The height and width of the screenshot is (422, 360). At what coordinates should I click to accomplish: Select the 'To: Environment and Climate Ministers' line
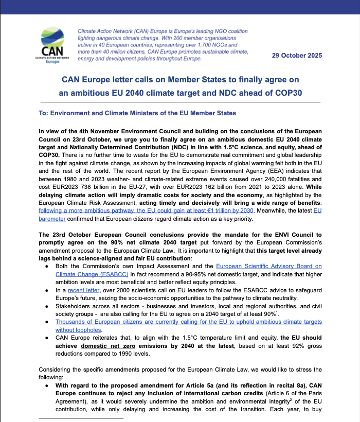pyautogui.click(x=137, y=113)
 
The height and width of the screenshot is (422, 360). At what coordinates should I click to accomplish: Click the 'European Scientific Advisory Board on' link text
pyautogui.click(x=269, y=266)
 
